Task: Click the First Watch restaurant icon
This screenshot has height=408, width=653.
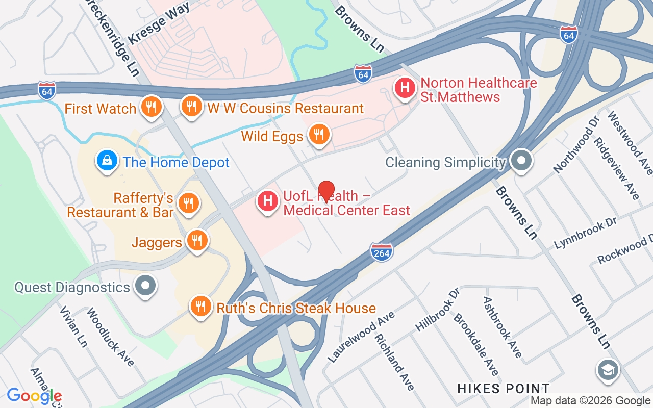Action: click(x=151, y=107)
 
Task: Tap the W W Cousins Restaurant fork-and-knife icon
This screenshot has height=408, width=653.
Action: click(x=191, y=106)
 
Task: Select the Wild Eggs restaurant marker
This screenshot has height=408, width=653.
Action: click(x=319, y=135)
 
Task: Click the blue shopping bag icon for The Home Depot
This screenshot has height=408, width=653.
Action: click(x=107, y=161)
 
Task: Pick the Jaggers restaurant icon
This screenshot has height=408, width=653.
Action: click(x=196, y=240)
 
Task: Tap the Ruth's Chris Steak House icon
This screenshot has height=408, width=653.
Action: click(x=201, y=306)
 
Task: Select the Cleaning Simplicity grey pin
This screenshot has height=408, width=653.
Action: click(x=521, y=161)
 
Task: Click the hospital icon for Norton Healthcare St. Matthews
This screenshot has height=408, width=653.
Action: click(x=405, y=88)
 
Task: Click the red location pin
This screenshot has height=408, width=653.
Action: click(x=326, y=191)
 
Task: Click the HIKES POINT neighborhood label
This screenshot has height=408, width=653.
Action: click(x=503, y=389)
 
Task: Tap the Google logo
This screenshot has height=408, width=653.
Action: click(x=34, y=395)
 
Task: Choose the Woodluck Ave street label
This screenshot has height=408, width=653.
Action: click(x=110, y=337)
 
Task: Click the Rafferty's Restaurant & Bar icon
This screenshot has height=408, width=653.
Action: click(x=188, y=203)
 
